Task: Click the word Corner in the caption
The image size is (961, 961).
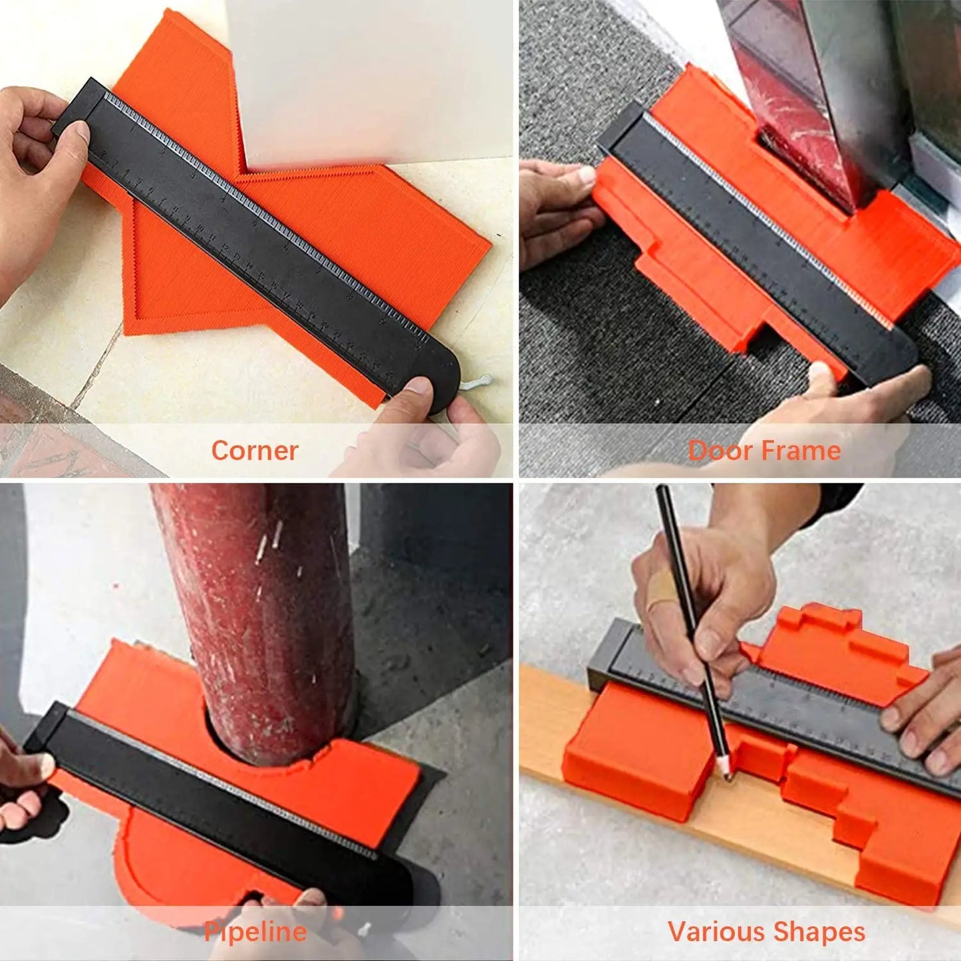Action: (x=254, y=451)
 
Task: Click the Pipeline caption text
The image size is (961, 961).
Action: (x=255, y=931)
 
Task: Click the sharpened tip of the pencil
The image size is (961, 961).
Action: (x=726, y=775)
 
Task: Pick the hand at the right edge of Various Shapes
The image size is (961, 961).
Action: (x=928, y=718)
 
